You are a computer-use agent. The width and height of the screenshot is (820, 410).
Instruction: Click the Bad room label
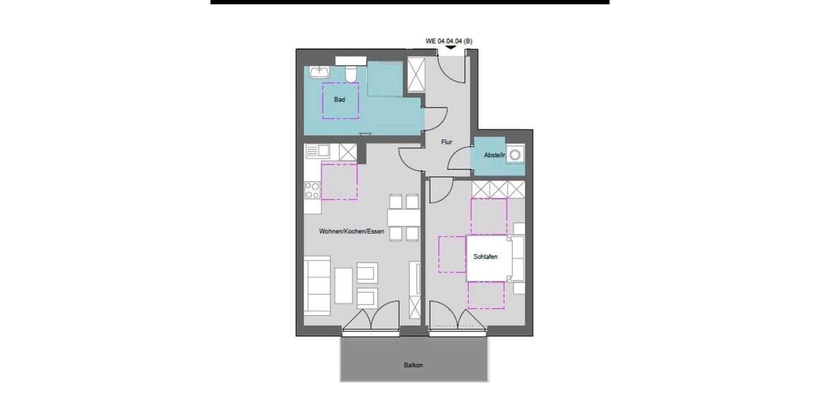(340, 100)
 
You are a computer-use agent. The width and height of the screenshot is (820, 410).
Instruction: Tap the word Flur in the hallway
(447, 142)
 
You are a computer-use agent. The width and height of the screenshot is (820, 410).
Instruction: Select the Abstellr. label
(494, 155)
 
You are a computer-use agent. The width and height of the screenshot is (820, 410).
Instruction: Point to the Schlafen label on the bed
(484, 257)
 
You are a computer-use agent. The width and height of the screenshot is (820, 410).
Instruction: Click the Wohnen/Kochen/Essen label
(351, 232)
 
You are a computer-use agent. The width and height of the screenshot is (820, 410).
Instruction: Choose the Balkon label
(413, 365)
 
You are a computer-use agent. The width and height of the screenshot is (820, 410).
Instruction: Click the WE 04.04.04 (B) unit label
(449, 41)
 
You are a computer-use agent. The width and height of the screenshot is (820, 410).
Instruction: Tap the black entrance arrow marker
(450, 47)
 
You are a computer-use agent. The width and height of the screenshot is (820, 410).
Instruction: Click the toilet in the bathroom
(351, 71)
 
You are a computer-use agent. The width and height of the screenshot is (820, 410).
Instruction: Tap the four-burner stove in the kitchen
(312, 189)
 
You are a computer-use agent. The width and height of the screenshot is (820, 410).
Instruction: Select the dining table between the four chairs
(403, 217)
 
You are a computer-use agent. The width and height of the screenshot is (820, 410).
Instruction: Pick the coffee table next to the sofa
(344, 285)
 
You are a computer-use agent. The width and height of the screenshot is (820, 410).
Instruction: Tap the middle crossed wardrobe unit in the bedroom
(498, 189)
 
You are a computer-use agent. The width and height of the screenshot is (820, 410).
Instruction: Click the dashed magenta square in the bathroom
(340, 100)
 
